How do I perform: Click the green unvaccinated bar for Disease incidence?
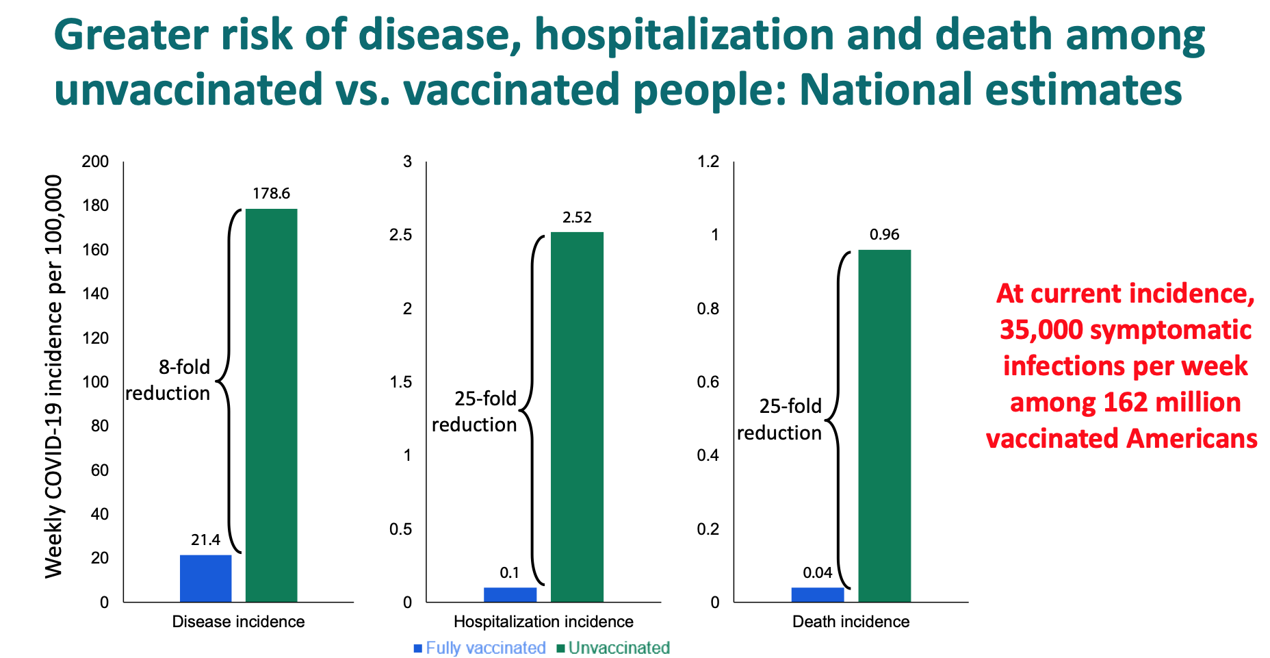click(x=271, y=405)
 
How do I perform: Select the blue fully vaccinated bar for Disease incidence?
click(x=205, y=579)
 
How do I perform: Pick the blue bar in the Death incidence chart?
click(x=818, y=594)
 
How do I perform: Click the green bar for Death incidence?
click(x=884, y=425)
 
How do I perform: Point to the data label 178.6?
click(x=271, y=194)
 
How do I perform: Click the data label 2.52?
click(x=577, y=218)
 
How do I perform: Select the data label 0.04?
click(x=818, y=573)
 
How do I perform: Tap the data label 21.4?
click(x=205, y=540)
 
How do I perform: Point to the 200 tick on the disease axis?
click(x=95, y=162)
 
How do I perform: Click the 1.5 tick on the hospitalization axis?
click(x=401, y=382)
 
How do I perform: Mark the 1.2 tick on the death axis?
click(x=708, y=162)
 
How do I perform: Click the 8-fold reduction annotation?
click(x=168, y=380)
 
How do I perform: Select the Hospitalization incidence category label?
click(x=543, y=622)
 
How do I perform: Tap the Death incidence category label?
click(x=851, y=622)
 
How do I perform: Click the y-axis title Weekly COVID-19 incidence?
click(x=53, y=377)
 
